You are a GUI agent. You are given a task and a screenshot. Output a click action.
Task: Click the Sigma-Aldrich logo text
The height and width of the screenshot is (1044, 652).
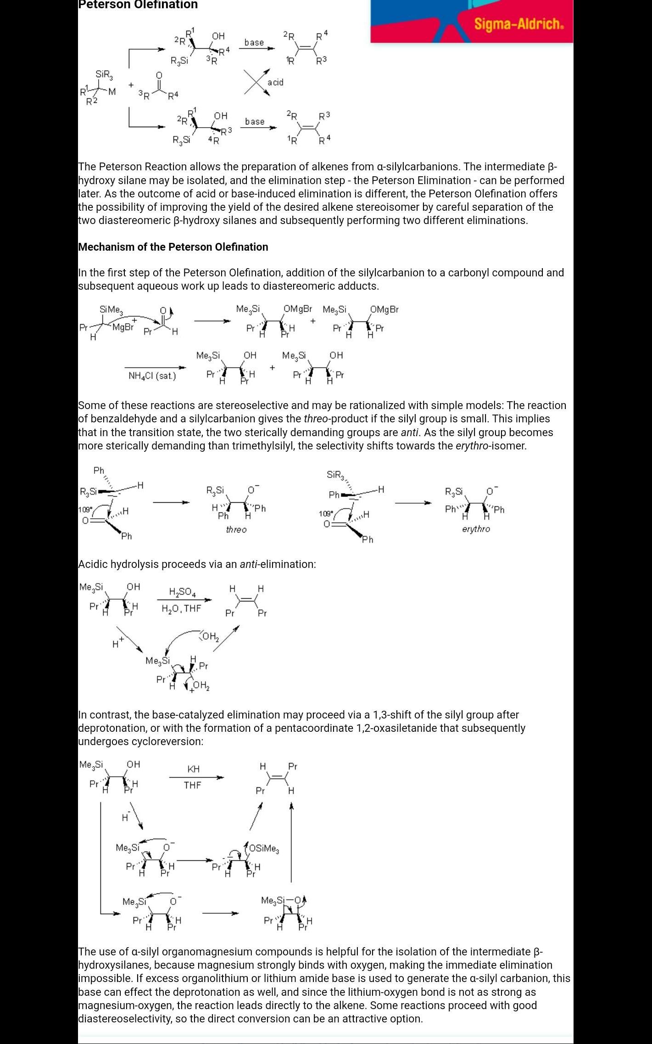[518, 24]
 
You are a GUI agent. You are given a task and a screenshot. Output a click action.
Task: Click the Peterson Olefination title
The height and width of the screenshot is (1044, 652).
[138, 5]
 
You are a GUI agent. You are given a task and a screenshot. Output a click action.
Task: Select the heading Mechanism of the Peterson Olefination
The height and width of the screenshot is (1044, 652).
[173, 247]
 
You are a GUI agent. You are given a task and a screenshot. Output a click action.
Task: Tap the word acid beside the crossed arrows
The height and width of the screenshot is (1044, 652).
[275, 82]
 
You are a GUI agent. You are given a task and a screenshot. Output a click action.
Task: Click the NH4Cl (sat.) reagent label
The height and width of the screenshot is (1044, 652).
[152, 376]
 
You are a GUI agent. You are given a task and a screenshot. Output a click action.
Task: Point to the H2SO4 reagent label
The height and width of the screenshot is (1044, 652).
[182, 592]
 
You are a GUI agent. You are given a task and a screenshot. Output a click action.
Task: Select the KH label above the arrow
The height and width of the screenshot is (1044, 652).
[193, 769]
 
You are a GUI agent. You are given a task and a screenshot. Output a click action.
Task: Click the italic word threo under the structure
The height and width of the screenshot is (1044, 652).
[236, 530]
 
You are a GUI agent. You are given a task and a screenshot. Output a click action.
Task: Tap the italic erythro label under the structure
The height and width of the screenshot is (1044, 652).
[476, 529]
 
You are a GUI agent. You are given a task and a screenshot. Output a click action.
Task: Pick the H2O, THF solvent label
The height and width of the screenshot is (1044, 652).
[181, 609]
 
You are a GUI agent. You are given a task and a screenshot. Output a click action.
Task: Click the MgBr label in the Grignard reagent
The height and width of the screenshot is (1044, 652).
[123, 327]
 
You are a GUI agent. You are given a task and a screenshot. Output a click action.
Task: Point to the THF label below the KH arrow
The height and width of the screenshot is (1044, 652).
[193, 786]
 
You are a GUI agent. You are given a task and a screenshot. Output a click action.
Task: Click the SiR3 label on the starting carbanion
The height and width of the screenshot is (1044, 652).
[104, 74]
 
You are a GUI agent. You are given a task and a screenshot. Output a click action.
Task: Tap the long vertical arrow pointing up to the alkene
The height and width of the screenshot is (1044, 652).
[291, 842]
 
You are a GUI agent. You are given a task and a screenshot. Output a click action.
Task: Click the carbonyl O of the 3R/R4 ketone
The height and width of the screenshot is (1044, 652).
[159, 75]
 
